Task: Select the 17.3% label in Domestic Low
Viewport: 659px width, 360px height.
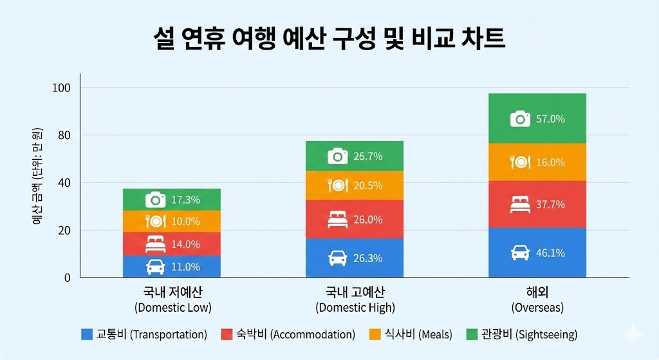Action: pyautogui.click(x=185, y=200)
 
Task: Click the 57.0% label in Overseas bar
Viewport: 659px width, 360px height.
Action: pyautogui.click(x=550, y=118)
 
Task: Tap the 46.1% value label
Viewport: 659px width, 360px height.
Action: pyautogui.click(x=550, y=253)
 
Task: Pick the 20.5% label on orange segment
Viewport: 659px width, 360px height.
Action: pyautogui.click(x=367, y=185)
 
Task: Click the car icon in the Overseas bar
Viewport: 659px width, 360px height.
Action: pyautogui.click(x=520, y=252)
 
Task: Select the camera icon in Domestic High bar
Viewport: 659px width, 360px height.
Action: pyautogui.click(x=337, y=156)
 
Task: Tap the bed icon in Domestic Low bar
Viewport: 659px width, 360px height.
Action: pyautogui.click(x=155, y=244)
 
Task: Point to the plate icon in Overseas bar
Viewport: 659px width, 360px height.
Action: pyautogui.click(x=520, y=162)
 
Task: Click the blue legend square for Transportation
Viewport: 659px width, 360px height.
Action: pyautogui.click(x=87, y=334)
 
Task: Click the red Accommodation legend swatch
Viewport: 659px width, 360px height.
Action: pyautogui.click(x=226, y=334)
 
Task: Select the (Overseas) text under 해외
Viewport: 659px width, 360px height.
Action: pyautogui.click(x=537, y=307)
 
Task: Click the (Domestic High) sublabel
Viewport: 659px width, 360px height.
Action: pyautogui.click(x=355, y=307)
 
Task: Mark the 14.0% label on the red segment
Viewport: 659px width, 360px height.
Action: pyautogui.click(x=185, y=244)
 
